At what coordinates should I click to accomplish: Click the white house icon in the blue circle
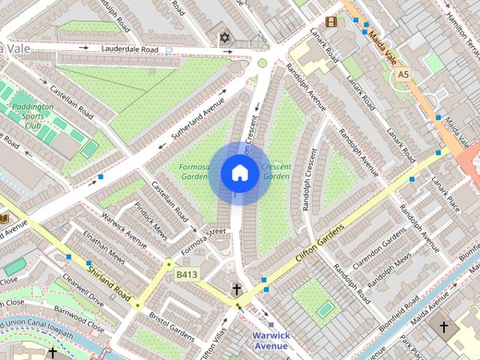(239, 173)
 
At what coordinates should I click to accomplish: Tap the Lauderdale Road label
(130, 49)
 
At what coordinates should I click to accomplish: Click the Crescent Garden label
(276, 171)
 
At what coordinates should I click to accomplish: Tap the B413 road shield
(187, 275)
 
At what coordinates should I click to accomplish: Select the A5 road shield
(404, 74)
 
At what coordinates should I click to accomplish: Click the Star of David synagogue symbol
(223, 37)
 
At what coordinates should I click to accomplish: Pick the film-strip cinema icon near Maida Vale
(331, 22)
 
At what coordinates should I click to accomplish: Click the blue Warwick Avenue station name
(270, 340)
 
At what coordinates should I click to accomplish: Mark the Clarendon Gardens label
(387, 246)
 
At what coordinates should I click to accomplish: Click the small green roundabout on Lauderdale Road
(262, 63)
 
